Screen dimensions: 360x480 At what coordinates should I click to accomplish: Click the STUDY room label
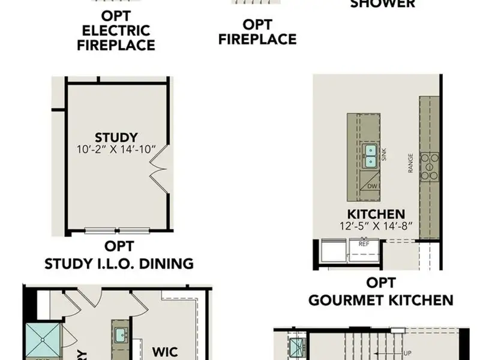pyautogui.click(x=116, y=137)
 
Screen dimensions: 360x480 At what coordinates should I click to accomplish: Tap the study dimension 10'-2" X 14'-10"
pyautogui.click(x=116, y=149)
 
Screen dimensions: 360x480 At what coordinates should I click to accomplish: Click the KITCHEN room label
pyautogui.click(x=376, y=214)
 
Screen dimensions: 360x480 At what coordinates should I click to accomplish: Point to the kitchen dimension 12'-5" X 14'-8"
pyautogui.click(x=376, y=227)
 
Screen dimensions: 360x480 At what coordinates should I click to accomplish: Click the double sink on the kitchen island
pyautogui.click(x=370, y=156)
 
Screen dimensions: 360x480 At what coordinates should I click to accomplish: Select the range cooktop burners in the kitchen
pyautogui.click(x=430, y=167)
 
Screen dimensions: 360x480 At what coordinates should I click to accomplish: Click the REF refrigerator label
pyautogui.click(x=364, y=244)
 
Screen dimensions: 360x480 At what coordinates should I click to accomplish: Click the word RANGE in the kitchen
pyautogui.click(x=411, y=163)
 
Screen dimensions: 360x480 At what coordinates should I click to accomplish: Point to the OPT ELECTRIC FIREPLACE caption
pyautogui.click(x=116, y=30)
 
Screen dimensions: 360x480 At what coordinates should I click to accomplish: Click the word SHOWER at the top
pyautogui.click(x=382, y=4)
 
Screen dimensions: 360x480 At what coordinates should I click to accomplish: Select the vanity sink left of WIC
pyautogui.click(x=119, y=334)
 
